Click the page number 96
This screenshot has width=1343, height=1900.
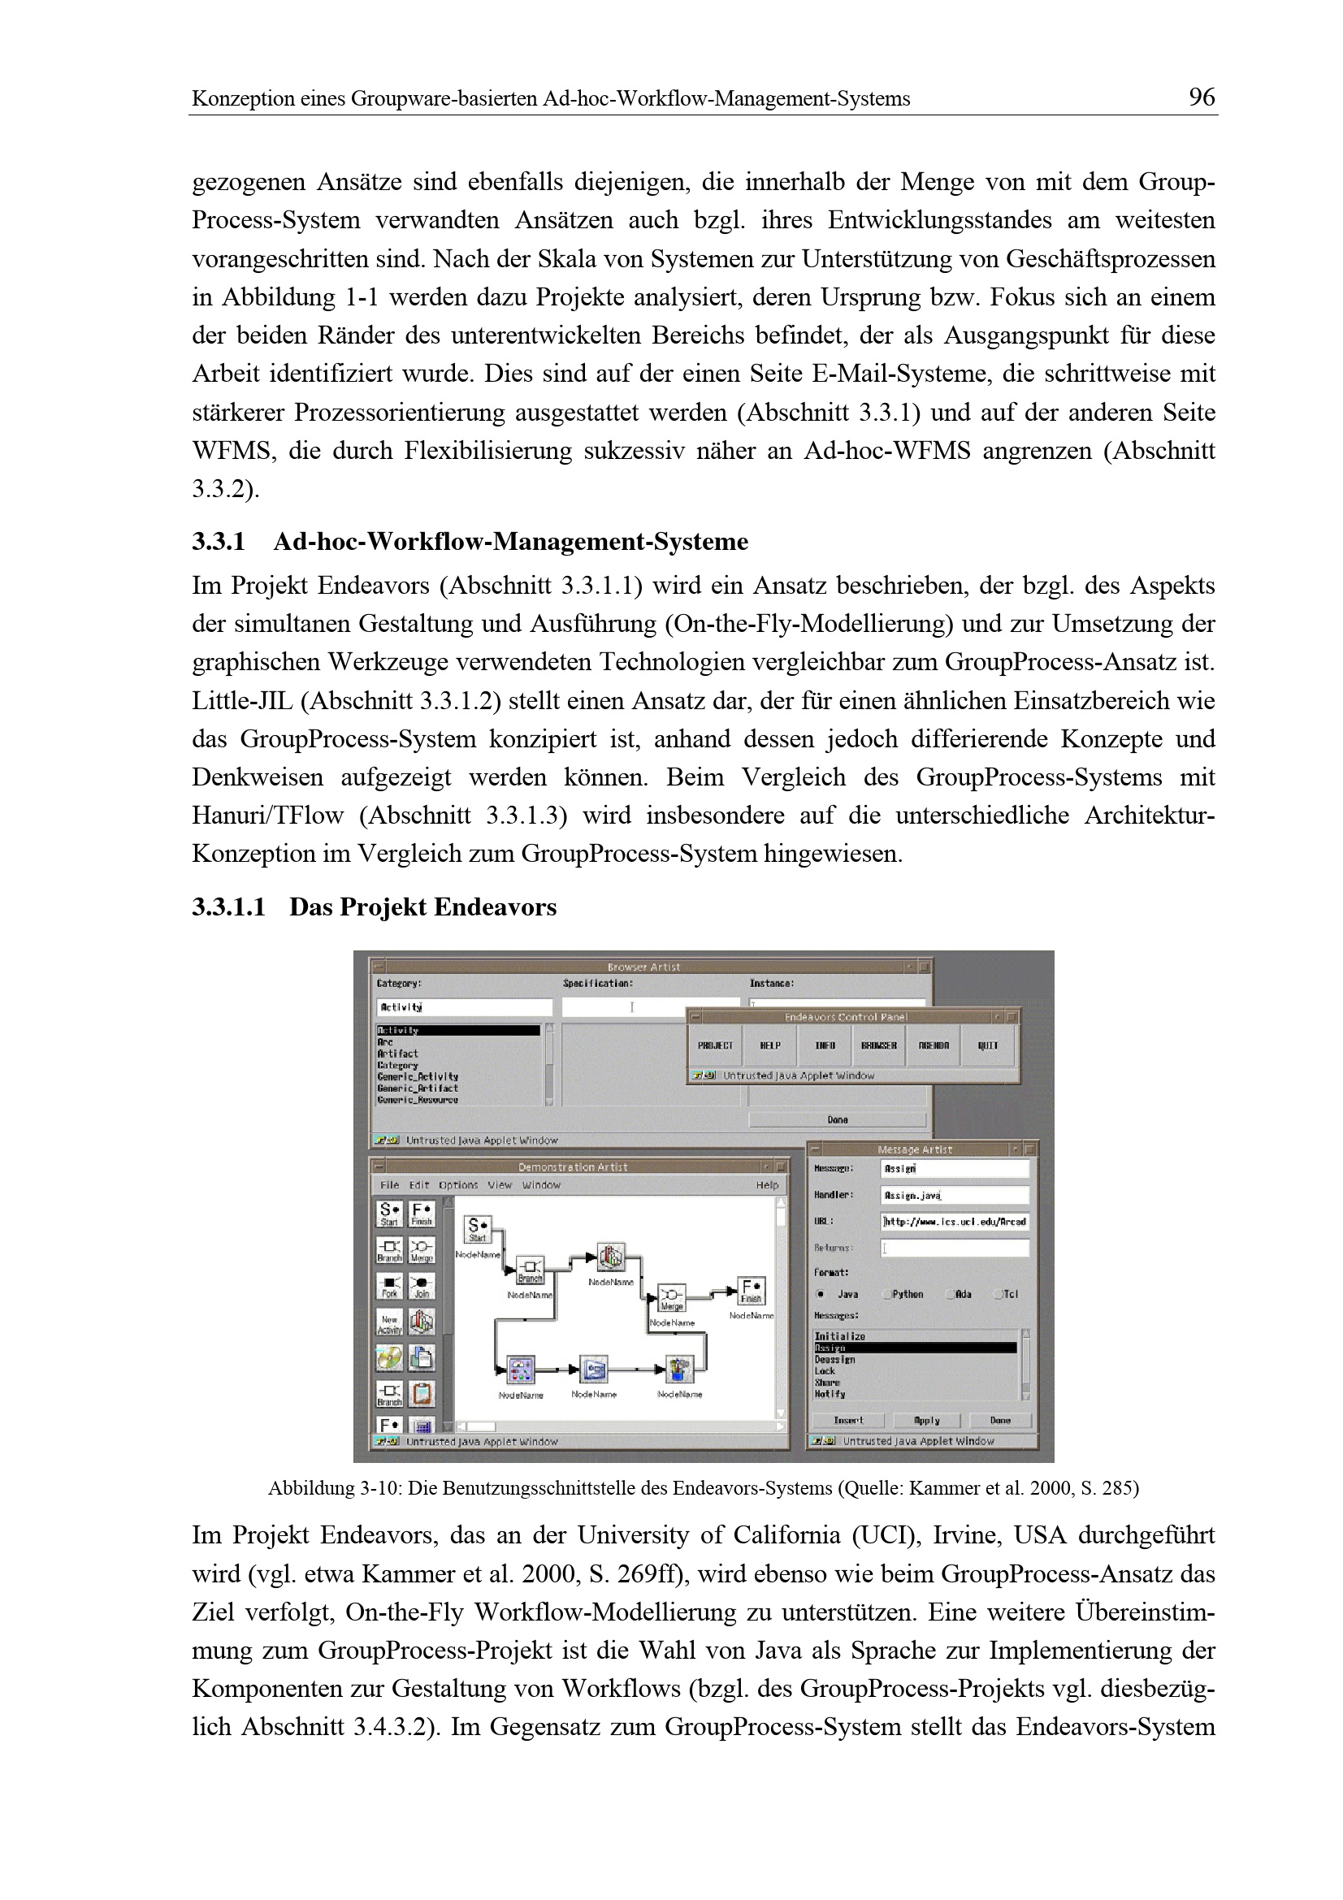[x=1202, y=97]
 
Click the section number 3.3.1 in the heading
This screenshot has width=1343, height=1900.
[x=219, y=542]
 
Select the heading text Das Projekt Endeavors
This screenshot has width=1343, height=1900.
[x=422, y=907]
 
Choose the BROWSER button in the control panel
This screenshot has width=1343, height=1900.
[x=879, y=1046]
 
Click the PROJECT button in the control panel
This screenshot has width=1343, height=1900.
[x=715, y=1046]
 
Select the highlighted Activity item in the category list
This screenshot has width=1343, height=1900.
[x=457, y=1030]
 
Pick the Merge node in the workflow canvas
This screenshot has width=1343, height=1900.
[x=671, y=1297]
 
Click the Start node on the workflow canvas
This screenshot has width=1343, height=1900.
[x=478, y=1229]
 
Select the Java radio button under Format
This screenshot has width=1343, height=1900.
[x=821, y=1294]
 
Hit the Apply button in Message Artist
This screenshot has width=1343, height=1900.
[x=927, y=1420]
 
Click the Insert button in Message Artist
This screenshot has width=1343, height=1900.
[x=848, y=1420]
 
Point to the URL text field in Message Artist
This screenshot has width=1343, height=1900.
[x=955, y=1222]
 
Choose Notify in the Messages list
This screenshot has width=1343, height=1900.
[x=830, y=1394]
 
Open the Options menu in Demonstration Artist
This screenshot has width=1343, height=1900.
[x=457, y=1185]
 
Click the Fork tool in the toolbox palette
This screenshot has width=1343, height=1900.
[x=389, y=1285]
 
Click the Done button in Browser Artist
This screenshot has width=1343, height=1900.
[x=838, y=1119]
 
